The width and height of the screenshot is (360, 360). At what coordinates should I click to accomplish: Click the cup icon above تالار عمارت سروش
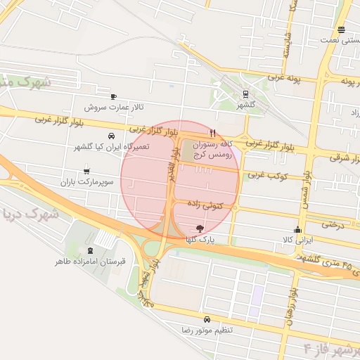click(113, 96)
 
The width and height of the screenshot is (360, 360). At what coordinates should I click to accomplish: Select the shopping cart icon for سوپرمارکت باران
click(86, 169)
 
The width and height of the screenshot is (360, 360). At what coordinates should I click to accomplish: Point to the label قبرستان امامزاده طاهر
click(91, 262)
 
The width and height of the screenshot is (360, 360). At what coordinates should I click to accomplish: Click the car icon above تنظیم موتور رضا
click(205, 319)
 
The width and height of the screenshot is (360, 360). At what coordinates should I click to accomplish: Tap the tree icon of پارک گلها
click(200, 228)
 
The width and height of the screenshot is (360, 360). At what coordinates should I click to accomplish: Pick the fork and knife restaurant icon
click(212, 132)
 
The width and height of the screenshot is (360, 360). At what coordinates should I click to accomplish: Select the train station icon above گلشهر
click(245, 94)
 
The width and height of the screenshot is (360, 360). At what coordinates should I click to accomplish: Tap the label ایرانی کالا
click(297, 240)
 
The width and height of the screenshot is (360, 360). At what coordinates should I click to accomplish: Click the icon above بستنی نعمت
click(341, 30)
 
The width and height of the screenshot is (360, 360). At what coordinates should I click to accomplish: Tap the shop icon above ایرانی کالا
click(297, 229)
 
